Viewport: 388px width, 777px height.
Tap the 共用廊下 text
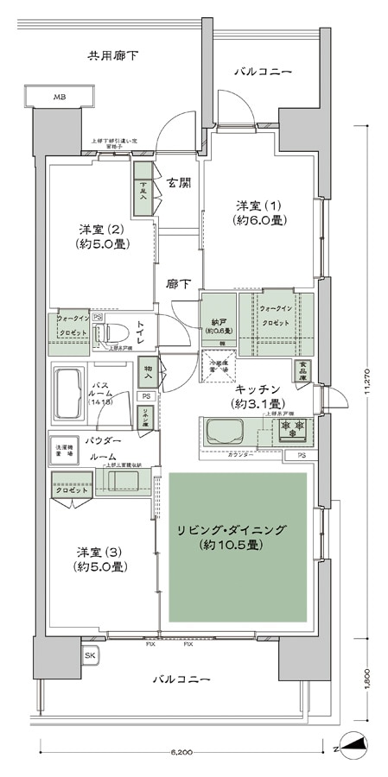tap(113, 57)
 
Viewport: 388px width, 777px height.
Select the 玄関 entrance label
tap(179, 182)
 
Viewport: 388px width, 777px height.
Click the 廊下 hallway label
tap(179, 283)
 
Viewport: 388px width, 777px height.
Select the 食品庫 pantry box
tap(303, 369)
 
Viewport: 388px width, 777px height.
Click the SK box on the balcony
tap(90, 656)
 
